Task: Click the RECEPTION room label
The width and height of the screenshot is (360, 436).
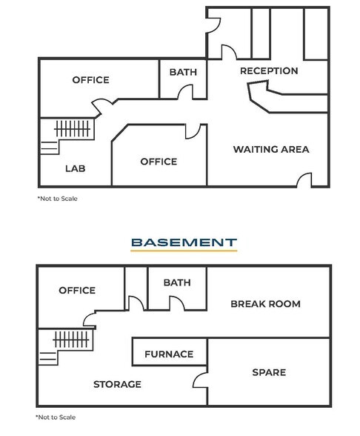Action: click(269, 71)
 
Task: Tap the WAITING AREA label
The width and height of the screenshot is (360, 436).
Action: click(270, 149)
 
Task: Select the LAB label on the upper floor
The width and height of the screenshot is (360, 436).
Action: click(75, 168)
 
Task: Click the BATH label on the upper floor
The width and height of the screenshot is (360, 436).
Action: click(183, 72)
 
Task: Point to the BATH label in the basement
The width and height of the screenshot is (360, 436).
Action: click(176, 283)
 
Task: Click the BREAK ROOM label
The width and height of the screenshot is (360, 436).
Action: click(265, 304)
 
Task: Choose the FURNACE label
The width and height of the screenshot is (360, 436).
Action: click(169, 354)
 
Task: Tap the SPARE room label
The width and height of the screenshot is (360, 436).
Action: click(268, 372)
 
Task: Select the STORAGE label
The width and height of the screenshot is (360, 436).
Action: click(117, 384)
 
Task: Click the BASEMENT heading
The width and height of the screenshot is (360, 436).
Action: click(183, 242)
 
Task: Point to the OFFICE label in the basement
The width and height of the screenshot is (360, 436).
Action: click(77, 290)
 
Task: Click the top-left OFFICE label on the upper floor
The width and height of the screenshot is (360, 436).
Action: click(90, 80)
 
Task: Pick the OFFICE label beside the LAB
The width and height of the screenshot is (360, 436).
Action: click(159, 162)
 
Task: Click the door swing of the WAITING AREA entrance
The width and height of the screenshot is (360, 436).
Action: click(304, 180)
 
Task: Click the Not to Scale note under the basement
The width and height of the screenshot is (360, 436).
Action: click(56, 417)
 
